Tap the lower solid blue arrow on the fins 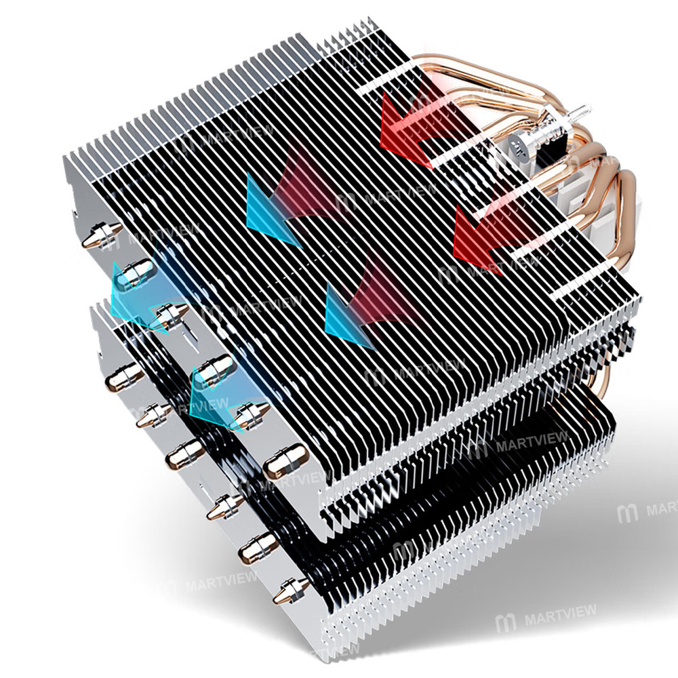(348, 315)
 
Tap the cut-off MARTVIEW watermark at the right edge (651, 509)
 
